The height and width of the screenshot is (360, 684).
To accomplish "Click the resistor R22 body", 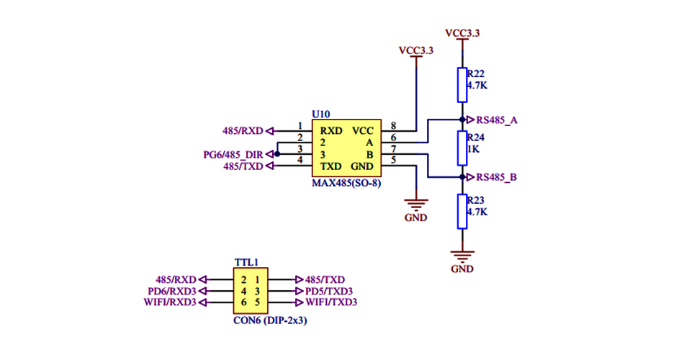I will click(462, 85).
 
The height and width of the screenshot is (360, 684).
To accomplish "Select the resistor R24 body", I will click(462, 148).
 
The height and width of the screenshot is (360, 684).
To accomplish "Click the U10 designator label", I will click(321, 114).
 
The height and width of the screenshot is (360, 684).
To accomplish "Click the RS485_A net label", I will click(497, 120).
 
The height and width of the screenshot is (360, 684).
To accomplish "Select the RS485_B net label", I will click(497, 177).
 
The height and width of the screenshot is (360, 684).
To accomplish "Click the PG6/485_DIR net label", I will click(233, 154).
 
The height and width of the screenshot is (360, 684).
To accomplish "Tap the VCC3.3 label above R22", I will click(462, 33).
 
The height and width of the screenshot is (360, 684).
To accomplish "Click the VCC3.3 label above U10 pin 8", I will click(416, 50).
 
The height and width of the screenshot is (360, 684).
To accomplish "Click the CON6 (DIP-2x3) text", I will click(269, 321).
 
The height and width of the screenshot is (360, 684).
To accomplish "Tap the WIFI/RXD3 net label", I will click(171, 302).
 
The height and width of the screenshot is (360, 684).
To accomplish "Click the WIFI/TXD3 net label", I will click(331, 302).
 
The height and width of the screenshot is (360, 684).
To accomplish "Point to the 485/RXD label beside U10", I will click(244, 131).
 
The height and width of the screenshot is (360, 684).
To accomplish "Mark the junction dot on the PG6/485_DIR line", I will click(276, 154).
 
